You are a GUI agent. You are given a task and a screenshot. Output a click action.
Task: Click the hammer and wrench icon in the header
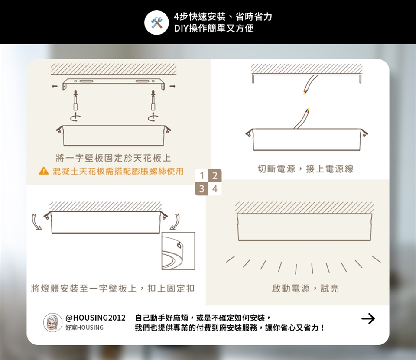tap(156, 23)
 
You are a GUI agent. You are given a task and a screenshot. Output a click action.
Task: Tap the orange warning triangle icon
tap(44, 171)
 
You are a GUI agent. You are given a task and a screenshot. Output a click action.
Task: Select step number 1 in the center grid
tap(201, 175)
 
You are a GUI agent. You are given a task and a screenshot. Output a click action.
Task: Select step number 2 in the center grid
tap(215, 175)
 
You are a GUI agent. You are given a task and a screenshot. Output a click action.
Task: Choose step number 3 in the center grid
tap(201, 188)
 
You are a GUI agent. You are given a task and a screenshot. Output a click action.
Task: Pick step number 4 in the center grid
tap(215, 188)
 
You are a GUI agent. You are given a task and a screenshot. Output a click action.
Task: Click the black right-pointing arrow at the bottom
tap(368, 318)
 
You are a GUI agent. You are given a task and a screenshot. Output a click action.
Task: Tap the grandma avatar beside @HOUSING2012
tap(52, 323)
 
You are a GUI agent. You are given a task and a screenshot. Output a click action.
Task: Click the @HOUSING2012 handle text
tap(95, 318)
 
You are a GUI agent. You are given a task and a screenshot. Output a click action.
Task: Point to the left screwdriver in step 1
tap(75, 100)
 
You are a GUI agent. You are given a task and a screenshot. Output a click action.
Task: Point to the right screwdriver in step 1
tap(153, 100)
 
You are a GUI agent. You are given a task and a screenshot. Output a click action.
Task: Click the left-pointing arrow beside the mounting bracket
tap(55, 86)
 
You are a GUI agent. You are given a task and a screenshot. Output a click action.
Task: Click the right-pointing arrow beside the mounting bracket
tap(172, 86)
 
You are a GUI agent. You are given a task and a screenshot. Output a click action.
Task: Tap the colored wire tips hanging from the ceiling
tap(305, 92)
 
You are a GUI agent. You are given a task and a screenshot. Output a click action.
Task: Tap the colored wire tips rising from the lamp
tap(308, 111)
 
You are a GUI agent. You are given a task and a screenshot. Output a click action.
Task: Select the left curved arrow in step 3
tap(36, 222)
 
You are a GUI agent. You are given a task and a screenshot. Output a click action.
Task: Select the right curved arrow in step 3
tap(175, 222)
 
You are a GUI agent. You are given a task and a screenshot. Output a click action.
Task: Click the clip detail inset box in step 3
tap(178, 251)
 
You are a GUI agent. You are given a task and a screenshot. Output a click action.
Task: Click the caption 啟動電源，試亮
tap(305, 289)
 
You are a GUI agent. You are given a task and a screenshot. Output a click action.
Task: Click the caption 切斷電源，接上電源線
tap(305, 169)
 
